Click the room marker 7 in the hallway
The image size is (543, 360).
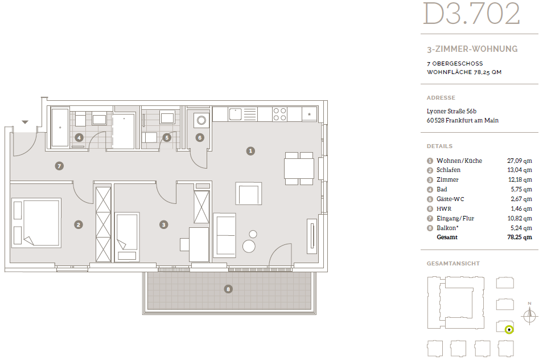pos(59,166)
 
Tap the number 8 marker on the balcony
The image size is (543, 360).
pos(228,289)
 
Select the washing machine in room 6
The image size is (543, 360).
pos(201,120)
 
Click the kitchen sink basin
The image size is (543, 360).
pos(235,114)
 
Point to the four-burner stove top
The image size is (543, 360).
pos(280,114)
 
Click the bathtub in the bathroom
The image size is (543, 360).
pos(60,127)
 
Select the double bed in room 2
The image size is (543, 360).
pos(36,223)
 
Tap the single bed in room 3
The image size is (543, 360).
pos(127,236)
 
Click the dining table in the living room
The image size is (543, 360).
pos(299,169)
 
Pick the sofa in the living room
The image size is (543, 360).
pos(224,235)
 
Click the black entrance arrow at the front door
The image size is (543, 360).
pos(25,122)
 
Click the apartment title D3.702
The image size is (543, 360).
pos(472,14)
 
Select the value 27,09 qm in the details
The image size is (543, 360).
pos(520,161)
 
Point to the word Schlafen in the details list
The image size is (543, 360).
pos(449,170)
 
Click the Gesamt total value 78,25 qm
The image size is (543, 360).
pos(520,238)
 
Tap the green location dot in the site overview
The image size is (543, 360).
pos(509,330)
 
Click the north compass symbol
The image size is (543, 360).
pos(529,315)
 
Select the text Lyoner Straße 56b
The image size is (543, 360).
pos(451,111)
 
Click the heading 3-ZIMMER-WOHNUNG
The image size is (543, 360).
pos(472,49)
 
